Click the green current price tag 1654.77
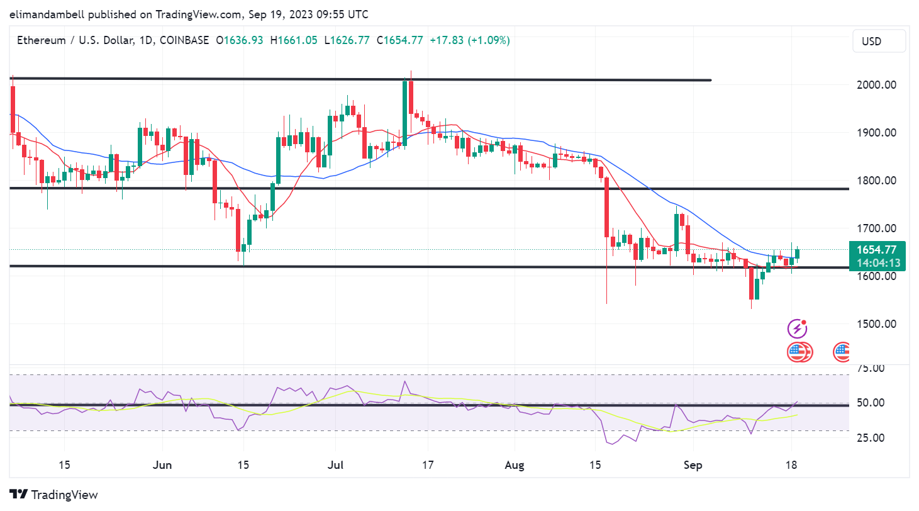coord(877,250)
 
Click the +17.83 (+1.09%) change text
coord(470,40)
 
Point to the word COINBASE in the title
coord(184,40)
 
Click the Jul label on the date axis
coord(335,466)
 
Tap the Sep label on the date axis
coord(693,466)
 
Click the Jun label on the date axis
coord(162,466)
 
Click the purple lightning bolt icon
coord(798,328)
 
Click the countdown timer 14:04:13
coord(877,263)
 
